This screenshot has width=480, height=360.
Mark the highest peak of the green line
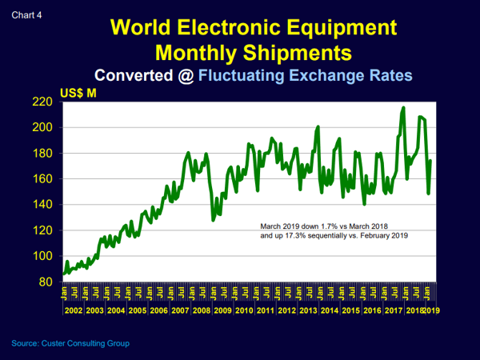403,107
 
